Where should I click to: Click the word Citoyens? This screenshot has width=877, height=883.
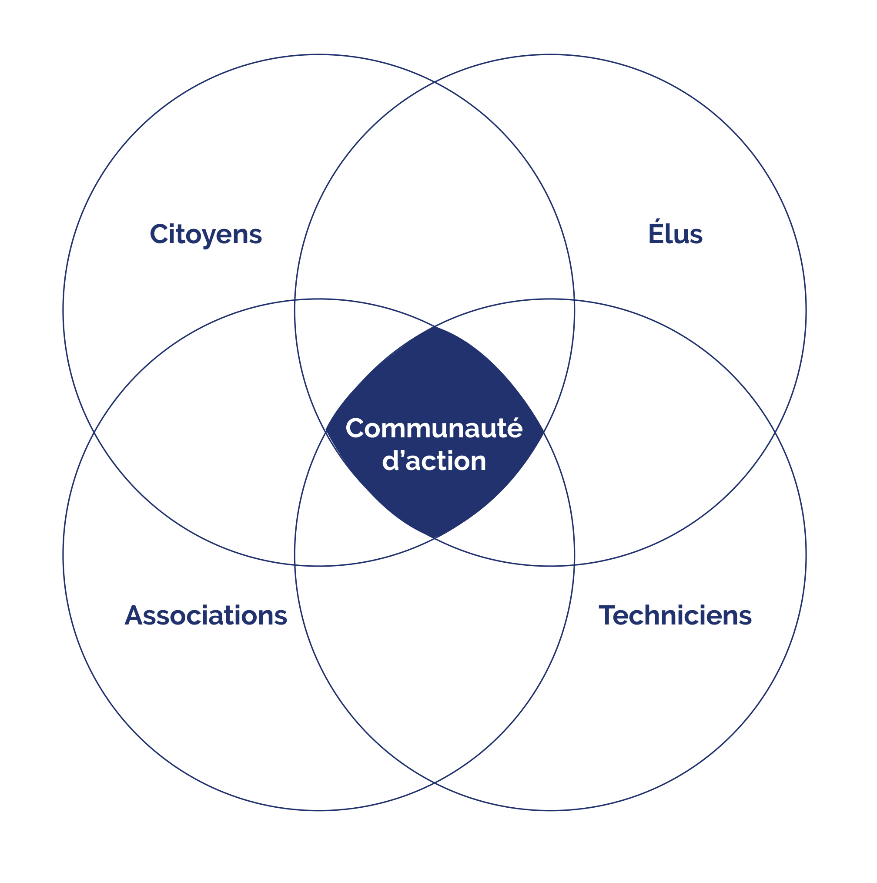(205, 235)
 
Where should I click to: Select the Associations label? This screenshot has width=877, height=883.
(205, 615)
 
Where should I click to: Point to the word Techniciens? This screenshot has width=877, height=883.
(675, 615)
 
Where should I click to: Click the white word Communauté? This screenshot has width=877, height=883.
(434, 429)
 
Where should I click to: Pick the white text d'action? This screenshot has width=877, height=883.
(434, 461)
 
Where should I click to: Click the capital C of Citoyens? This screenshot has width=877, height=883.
(158, 234)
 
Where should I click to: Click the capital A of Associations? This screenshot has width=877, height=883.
(134, 615)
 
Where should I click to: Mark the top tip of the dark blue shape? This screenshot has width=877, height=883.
(435, 326)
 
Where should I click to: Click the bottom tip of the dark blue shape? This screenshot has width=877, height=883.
(435, 538)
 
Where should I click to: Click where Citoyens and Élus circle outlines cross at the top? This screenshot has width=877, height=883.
(435, 82)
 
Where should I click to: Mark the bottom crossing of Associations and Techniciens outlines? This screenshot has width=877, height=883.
(435, 783)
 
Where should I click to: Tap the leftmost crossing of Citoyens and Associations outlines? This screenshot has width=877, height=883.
(94, 432)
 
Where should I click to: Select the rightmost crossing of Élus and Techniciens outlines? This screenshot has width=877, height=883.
(775, 432)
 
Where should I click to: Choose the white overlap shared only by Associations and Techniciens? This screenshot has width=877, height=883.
(435, 663)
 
